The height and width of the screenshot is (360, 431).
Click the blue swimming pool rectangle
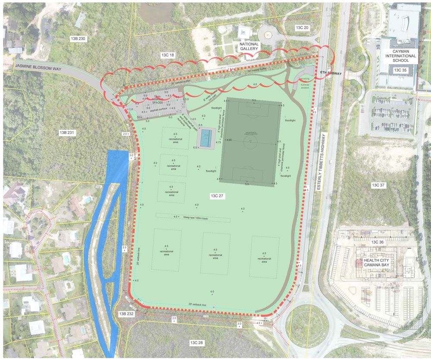pos(206,138)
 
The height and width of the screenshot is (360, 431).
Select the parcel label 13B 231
pos(68,133)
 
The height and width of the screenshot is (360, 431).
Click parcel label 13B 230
pos(78,39)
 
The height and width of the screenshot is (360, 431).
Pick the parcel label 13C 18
pos(167,55)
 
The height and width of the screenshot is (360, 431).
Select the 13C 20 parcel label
pos(302,28)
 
